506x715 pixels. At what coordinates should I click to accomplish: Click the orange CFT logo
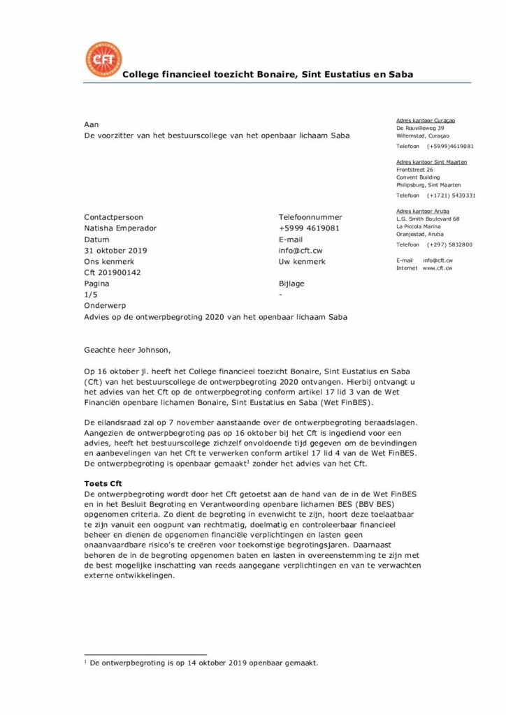[x=103, y=59]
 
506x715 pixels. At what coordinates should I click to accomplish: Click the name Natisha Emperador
[x=120, y=228]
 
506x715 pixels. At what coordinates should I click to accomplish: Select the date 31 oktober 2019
[x=115, y=251]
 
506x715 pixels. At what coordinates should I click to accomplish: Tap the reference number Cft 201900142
[x=112, y=272]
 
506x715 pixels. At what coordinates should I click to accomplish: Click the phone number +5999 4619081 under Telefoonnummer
[x=309, y=228]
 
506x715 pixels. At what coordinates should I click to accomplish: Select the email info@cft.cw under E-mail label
[x=301, y=251]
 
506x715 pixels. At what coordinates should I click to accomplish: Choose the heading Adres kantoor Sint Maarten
[x=431, y=162]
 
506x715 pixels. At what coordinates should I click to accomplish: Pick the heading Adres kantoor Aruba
[x=423, y=211]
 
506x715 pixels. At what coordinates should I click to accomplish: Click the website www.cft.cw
[x=438, y=268]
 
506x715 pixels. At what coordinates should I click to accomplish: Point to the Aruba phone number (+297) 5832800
[x=450, y=245]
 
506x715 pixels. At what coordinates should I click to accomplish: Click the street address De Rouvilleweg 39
[x=420, y=128]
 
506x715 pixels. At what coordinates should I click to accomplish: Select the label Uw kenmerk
[x=302, y=262]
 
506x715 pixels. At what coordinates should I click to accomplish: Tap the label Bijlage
[x=291, y=283]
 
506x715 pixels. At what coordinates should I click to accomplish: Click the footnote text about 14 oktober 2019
[x=203, y=663]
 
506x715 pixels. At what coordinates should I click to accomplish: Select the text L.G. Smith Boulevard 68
[x=428, y=219]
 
